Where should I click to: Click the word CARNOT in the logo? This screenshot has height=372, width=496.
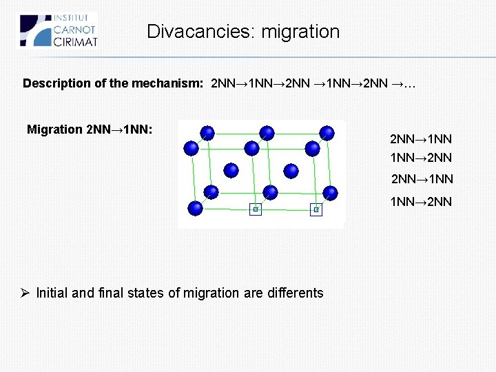(74, 30)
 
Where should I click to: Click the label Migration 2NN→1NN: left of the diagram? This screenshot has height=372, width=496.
(90, 130)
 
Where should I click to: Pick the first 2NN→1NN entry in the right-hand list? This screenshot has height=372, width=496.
(421, 138)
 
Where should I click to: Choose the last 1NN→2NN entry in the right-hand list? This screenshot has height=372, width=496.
(421, 201)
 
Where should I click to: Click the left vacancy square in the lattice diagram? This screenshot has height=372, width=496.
(256, 209)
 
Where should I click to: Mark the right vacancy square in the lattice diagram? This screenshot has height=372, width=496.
(316, 209)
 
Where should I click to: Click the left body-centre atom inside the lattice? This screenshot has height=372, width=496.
(231, 169)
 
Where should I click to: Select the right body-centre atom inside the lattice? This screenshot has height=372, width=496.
(291, 169)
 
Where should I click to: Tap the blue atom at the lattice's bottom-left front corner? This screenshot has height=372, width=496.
(195, 207)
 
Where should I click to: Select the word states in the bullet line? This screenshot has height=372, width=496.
(146, 293)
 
